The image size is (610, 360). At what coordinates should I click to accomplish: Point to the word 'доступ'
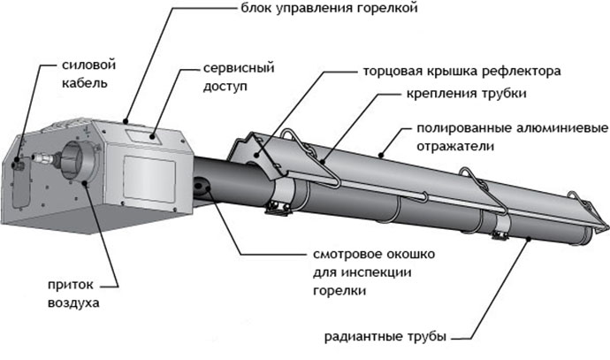point(225,87)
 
